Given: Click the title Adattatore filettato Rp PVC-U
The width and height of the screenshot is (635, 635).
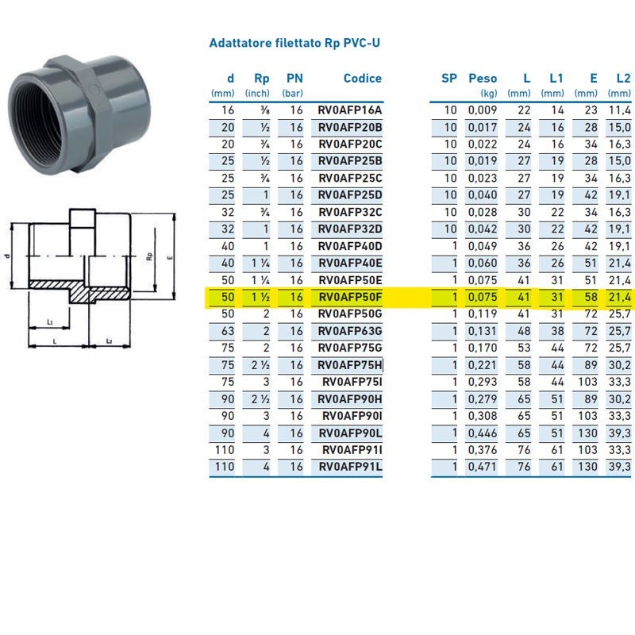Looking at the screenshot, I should [x=294, y=43].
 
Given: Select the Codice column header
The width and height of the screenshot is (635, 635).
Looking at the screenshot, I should [x=362, y=79].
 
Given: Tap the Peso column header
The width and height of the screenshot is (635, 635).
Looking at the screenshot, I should [x=483, y=79].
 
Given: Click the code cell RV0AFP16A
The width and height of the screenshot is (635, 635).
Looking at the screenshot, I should [x=350, y=110].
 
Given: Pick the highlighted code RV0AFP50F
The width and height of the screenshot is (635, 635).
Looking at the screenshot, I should [x=350, y=298].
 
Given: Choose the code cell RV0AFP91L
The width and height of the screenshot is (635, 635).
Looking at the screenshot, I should [x=350, y=467].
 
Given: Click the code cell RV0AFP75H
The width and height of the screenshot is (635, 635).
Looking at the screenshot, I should [x=350, y=365].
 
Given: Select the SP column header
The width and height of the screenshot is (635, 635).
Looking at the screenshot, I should [x=449, y=79].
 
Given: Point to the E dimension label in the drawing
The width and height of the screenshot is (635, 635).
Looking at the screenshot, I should [x=171, y=257].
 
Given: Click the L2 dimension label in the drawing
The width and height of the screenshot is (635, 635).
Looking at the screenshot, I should [x=107, y=341].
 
